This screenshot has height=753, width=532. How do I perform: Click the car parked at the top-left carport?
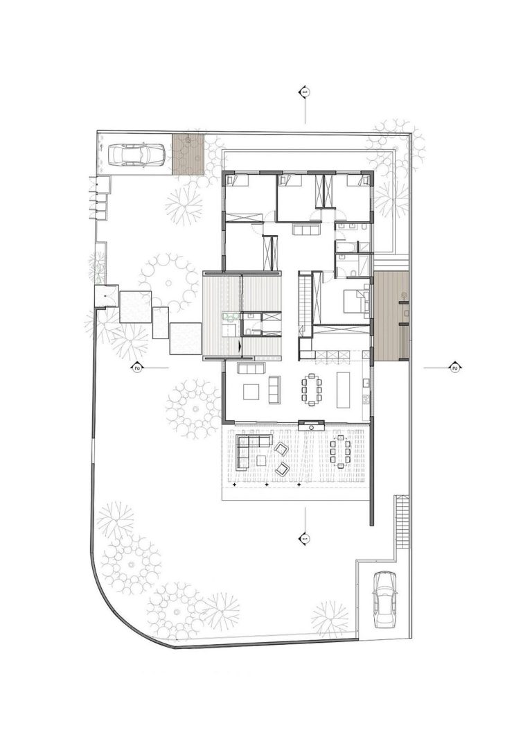pyautogui.click(x=137, y=155)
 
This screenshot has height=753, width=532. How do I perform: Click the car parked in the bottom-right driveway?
pyautogui.click(x=385, y=599)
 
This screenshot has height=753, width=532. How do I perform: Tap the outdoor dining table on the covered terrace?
pyautogui.click(x=340, y=452)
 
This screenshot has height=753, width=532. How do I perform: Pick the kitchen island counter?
pyautogui.click(x=344, y=389)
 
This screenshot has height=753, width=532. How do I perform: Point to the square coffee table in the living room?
pyautogui.click(x=252, y=391)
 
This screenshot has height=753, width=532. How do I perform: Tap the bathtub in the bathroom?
pyautogui.click(x=346, y=247)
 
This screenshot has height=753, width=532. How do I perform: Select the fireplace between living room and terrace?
pyautogui.click(x=312, y=424)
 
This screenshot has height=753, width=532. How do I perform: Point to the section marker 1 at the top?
pyautogui.click(x=305, y=92)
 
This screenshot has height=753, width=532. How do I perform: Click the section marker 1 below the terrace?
pyautogui.click(x=305, y=539)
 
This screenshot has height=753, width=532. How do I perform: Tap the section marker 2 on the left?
pyautogui.click(x=138, y=368)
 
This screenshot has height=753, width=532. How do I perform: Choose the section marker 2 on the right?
pyautogui.click(x=454, y=368)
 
